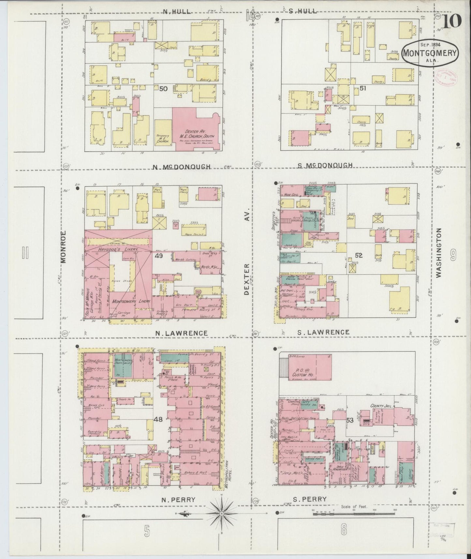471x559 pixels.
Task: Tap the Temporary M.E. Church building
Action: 163,132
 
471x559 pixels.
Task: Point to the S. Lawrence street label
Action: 323,332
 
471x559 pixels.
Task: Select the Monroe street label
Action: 63,247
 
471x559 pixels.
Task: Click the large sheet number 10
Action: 451,22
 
